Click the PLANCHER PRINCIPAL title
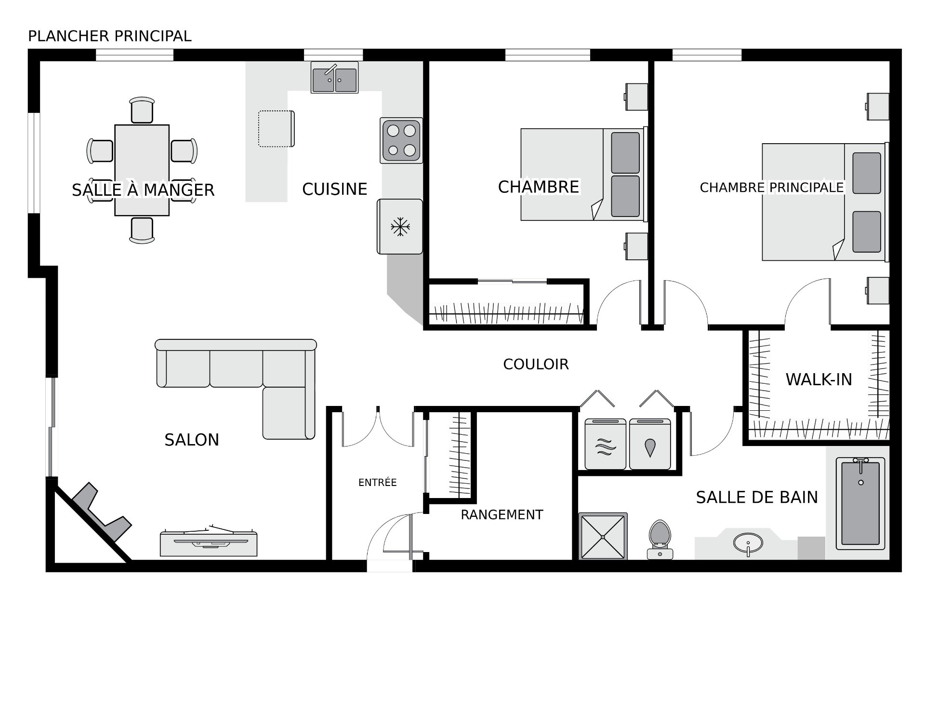click(x=110, y=36)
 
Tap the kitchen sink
click(x=334, y=78)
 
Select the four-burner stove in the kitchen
click(x=401, y=140)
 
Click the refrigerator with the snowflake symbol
click(x=400, y=227)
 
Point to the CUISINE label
click(x=334, y=189)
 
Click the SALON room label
click(x=192, y=440)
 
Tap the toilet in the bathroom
click(x=660, y=540)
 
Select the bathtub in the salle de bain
click(x=860, y=503)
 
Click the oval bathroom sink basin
click(x=748, y=543)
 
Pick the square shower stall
click(x=603, y=536)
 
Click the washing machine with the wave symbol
click(x=606, y=444)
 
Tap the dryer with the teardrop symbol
click(x=650, y=444)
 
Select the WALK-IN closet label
click(x=819, y=379)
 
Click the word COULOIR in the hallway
click(x=536, y=364)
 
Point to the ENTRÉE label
click(x=377, y=482)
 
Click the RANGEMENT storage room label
click(x=502, y=515)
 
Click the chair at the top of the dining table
click(x=142, y=110)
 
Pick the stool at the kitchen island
click(x=277, y=129)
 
